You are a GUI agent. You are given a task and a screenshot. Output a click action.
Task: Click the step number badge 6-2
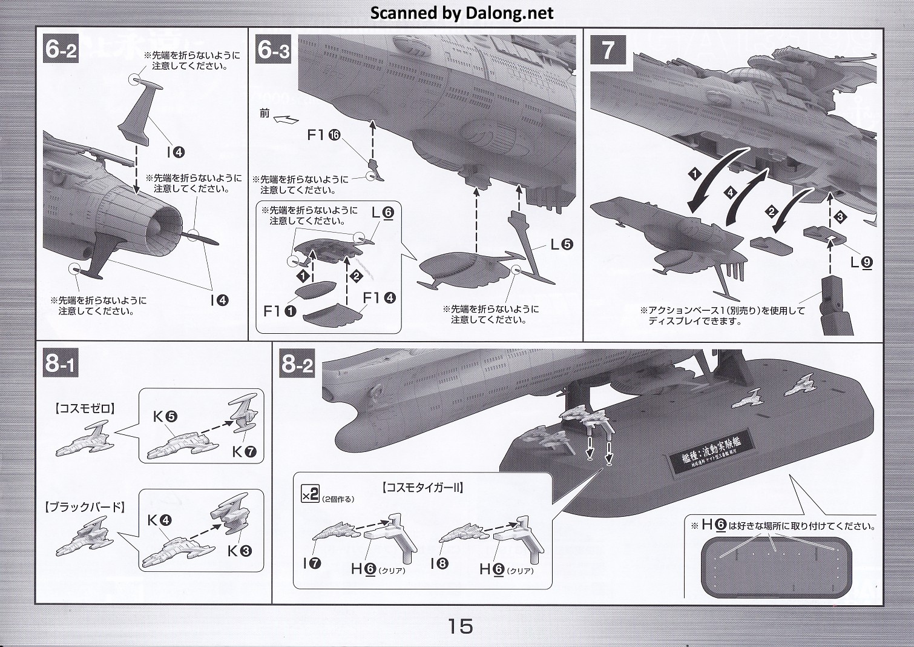tap(61, 50)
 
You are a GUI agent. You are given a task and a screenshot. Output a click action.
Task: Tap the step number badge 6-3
tap(274, 50)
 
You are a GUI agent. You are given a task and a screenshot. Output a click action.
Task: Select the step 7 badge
tap(607, 50)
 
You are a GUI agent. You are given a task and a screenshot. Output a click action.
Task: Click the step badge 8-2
tap(297, 365)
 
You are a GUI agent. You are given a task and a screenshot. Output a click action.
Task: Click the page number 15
tap(460, 625)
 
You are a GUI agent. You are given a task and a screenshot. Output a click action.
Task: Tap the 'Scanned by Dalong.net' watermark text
tap(462, 13)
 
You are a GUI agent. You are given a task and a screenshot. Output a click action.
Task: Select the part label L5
tap(561, 244)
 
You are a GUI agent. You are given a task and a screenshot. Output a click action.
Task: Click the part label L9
tap(861, 262)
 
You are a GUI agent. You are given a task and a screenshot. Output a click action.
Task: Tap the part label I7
tap(312, 563)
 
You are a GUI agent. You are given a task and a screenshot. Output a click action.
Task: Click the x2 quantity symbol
tap(309, 494)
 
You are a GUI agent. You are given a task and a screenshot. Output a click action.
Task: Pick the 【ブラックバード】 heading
tap(85, 507)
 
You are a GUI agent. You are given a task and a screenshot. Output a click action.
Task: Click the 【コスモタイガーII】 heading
tap(422, 488)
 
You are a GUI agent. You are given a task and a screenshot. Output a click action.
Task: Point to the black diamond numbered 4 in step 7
tap(731, 193)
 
